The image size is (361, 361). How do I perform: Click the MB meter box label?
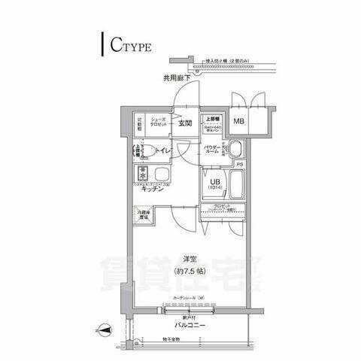[239, 122]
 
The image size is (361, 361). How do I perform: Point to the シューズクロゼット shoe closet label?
[159, 123]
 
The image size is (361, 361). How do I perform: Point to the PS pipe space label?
[241, 164]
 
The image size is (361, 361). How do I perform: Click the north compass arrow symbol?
[104, 328]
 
